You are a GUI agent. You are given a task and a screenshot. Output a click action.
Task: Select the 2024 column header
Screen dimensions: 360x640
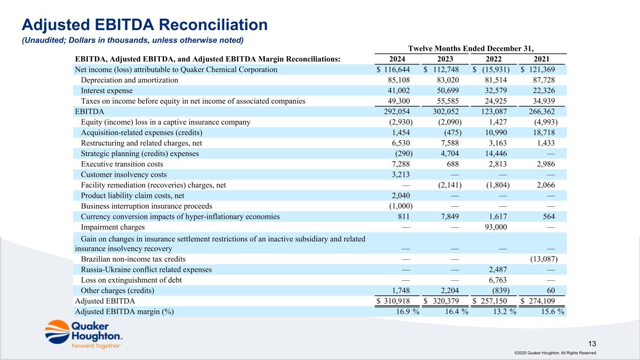coord(398,59)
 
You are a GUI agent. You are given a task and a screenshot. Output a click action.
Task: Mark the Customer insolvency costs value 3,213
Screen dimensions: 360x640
coord(401,175)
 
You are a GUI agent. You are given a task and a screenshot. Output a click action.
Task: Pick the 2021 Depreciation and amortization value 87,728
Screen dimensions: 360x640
coord(543,80)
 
